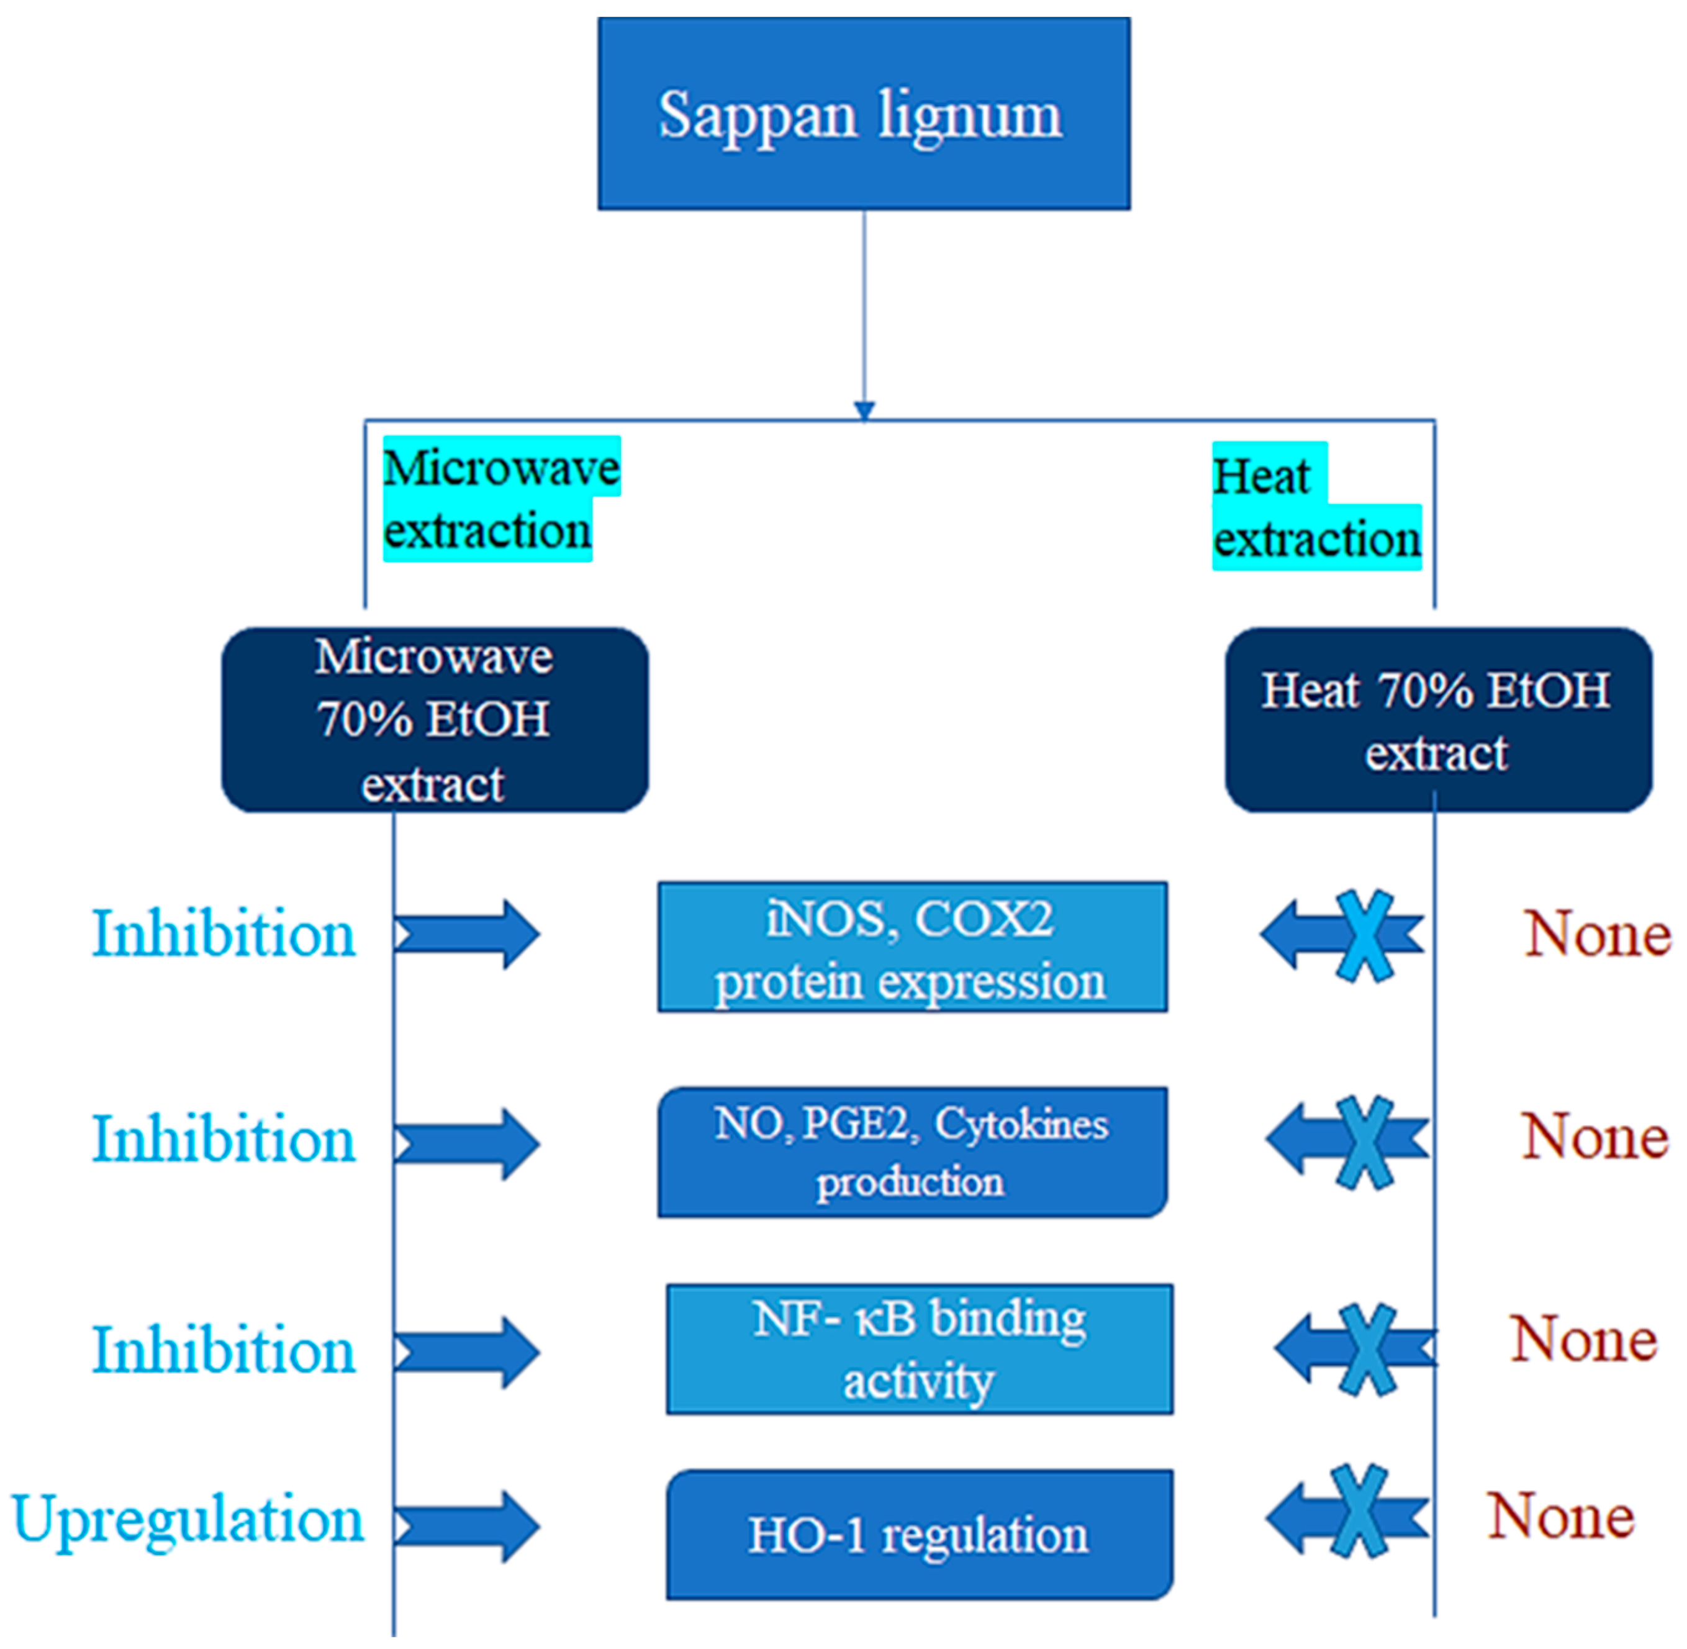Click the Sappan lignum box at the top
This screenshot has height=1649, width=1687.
(x=864, y=114)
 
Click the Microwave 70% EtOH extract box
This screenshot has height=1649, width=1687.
(x=435, y=720)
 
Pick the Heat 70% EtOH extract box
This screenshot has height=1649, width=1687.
(x=1437, y=720)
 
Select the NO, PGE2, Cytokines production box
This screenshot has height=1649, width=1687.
(x=912, y=1152)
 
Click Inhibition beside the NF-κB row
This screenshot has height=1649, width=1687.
(x=224, y=1350)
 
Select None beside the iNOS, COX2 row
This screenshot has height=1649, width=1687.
(x=1598, y=935)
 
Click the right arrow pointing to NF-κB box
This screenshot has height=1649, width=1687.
(x=468, y=1352)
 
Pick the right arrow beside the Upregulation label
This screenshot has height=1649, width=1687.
(x=468, y=1526)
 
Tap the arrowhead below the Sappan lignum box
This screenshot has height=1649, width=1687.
(x=864, y=410)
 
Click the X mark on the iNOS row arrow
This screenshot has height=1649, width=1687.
(x=1364, y=935)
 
